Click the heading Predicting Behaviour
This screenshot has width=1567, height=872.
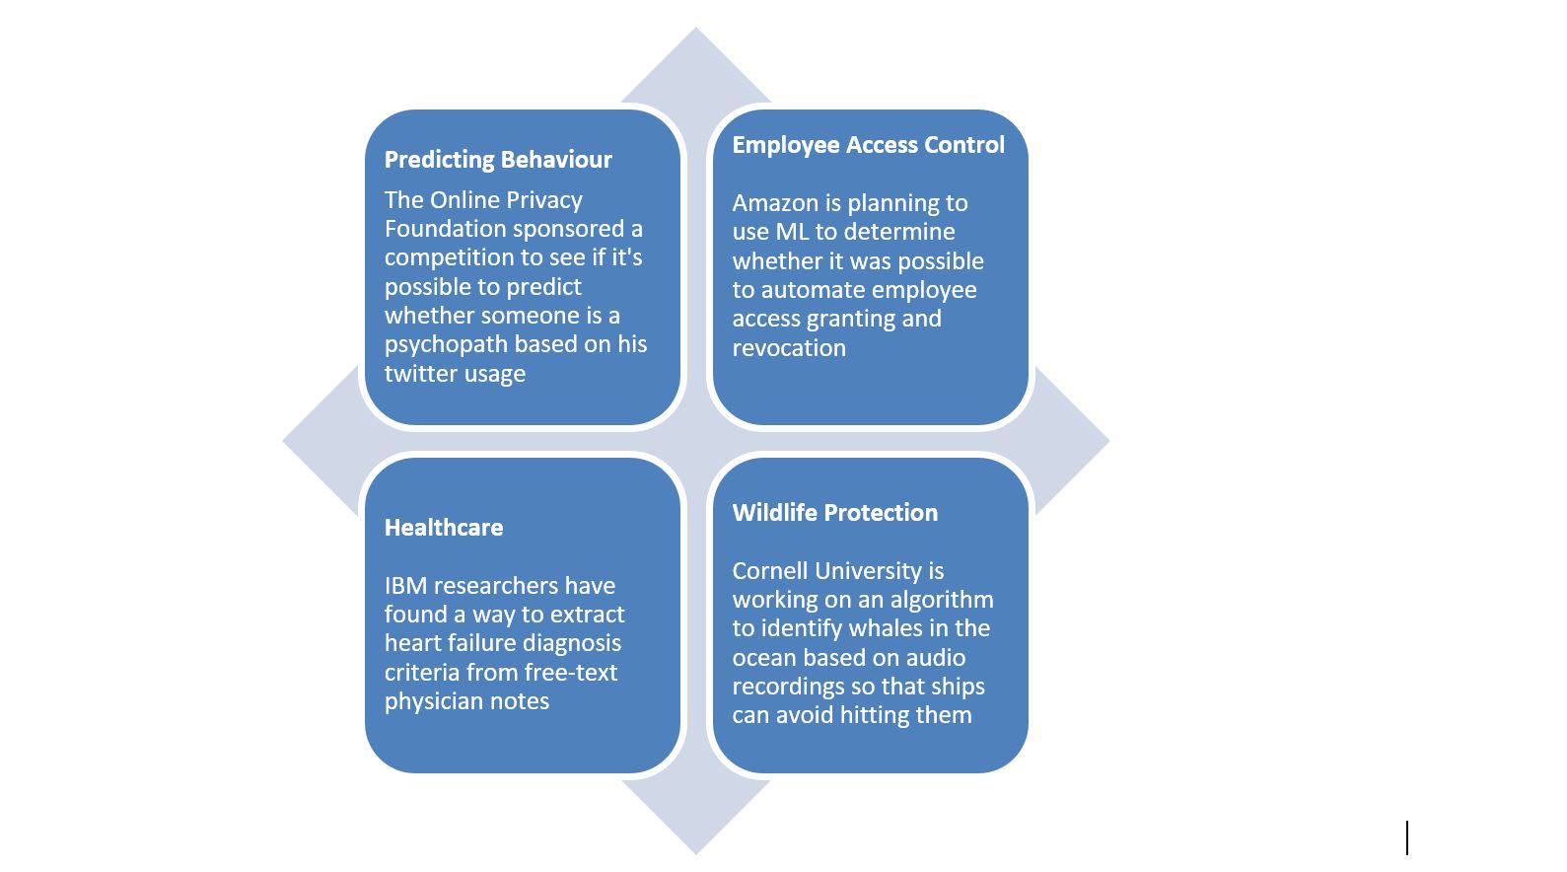point(498,160)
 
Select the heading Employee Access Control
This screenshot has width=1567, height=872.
point(868,145)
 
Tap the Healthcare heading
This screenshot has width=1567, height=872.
point(444,528)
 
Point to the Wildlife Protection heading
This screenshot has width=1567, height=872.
point(834,513)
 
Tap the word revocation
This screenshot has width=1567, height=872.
point(789,348)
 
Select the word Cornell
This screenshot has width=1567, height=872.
point(769,571)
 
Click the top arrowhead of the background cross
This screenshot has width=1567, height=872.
point(695,63)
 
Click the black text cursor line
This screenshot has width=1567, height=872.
point(1407,837)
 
